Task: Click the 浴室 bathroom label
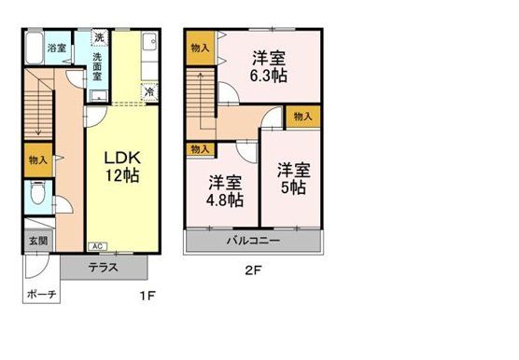point(57,48)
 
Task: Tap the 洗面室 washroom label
point(97,67)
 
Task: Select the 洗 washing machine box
point(97,39)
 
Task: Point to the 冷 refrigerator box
point(149,92)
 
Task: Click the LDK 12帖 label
point(120,165)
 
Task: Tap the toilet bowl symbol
point(35,195)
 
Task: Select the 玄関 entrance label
point(31,241)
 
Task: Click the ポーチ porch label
point(42,294)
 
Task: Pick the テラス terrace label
point(104,268)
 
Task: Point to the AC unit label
point(96,246)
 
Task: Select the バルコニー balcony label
point(253,241)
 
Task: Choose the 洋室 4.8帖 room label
point(226,190)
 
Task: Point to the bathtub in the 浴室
point(33,48)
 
